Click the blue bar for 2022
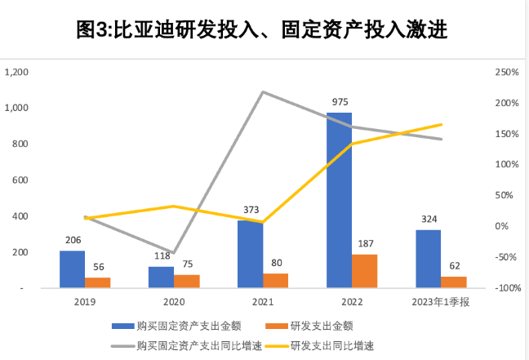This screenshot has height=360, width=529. tap(340, 200)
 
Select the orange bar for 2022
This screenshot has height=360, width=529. tap(365, 271)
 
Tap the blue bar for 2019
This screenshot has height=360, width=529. tap(72, 269)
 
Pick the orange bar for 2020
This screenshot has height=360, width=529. tap(187, 282)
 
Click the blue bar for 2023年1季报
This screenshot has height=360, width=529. tap(428, 259)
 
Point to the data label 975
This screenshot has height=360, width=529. tap(340, 102)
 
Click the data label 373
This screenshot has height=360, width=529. tap(251, 211)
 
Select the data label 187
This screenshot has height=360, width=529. tap(366, 244)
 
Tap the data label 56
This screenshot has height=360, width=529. tap(98, 268)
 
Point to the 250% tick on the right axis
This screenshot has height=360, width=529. tap(508, 73)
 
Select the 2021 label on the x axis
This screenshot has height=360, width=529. tap(264, 303)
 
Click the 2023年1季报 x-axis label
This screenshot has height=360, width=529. tap(442, 303)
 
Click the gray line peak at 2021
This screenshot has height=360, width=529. tap(263, 91)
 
